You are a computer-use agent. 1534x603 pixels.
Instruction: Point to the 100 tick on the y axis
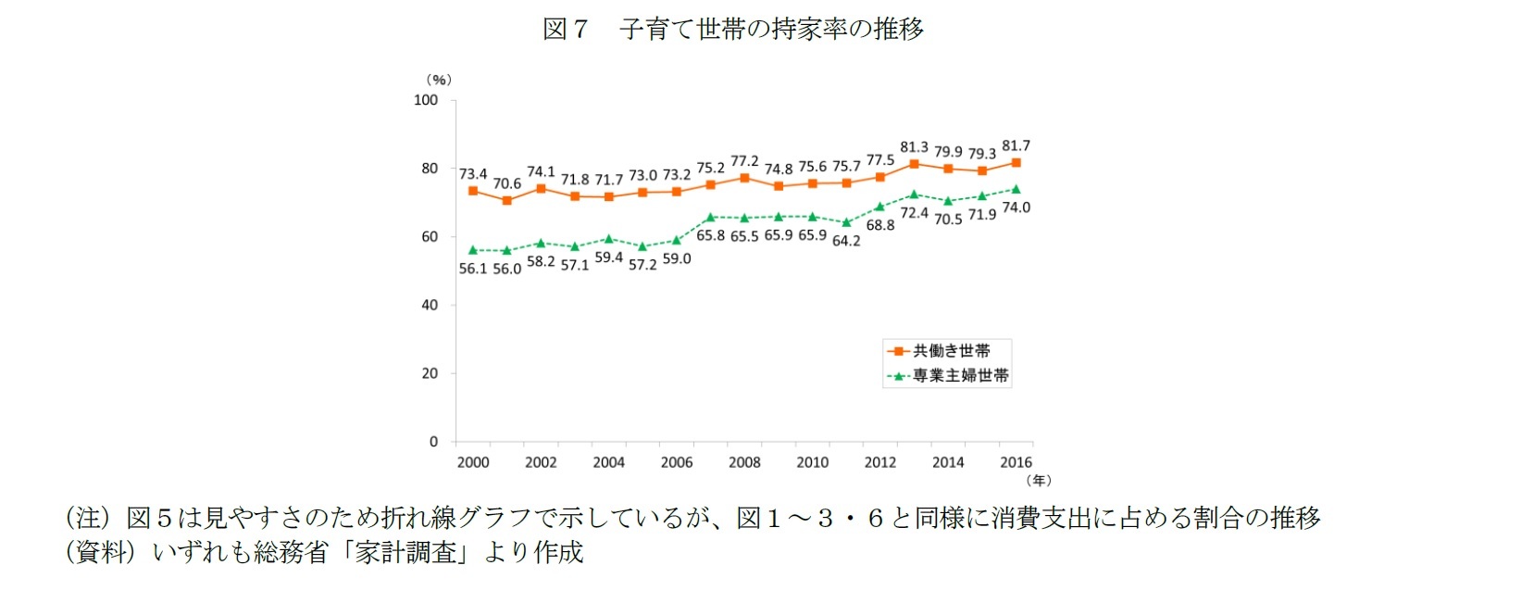coord(426,100)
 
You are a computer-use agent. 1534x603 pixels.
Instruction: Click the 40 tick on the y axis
coord(430,305)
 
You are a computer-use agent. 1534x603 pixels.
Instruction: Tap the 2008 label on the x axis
coord(744,462)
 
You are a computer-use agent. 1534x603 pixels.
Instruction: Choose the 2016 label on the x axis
coord(1016,462)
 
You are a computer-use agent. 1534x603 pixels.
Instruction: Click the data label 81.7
coord(1016,146)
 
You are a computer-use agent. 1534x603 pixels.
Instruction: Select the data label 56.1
coord(472,269)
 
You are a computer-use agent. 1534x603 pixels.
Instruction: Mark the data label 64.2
coord(846,241)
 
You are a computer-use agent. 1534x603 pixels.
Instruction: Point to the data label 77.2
coord(744,161)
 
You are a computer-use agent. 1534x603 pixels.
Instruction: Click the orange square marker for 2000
coord(473,191)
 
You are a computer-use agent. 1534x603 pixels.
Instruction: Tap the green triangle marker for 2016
coord(1016,189)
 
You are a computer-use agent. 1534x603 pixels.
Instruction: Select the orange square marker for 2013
coord(914,164)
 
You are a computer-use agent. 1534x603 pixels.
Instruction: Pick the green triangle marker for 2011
coord(846,222)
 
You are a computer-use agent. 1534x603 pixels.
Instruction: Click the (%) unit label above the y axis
coord(439,80)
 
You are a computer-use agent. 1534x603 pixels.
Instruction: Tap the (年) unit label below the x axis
coord(1039,480)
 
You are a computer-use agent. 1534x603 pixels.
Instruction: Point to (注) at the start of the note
coord(88,518)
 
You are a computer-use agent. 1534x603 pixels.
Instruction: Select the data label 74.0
coord(1016,207)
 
